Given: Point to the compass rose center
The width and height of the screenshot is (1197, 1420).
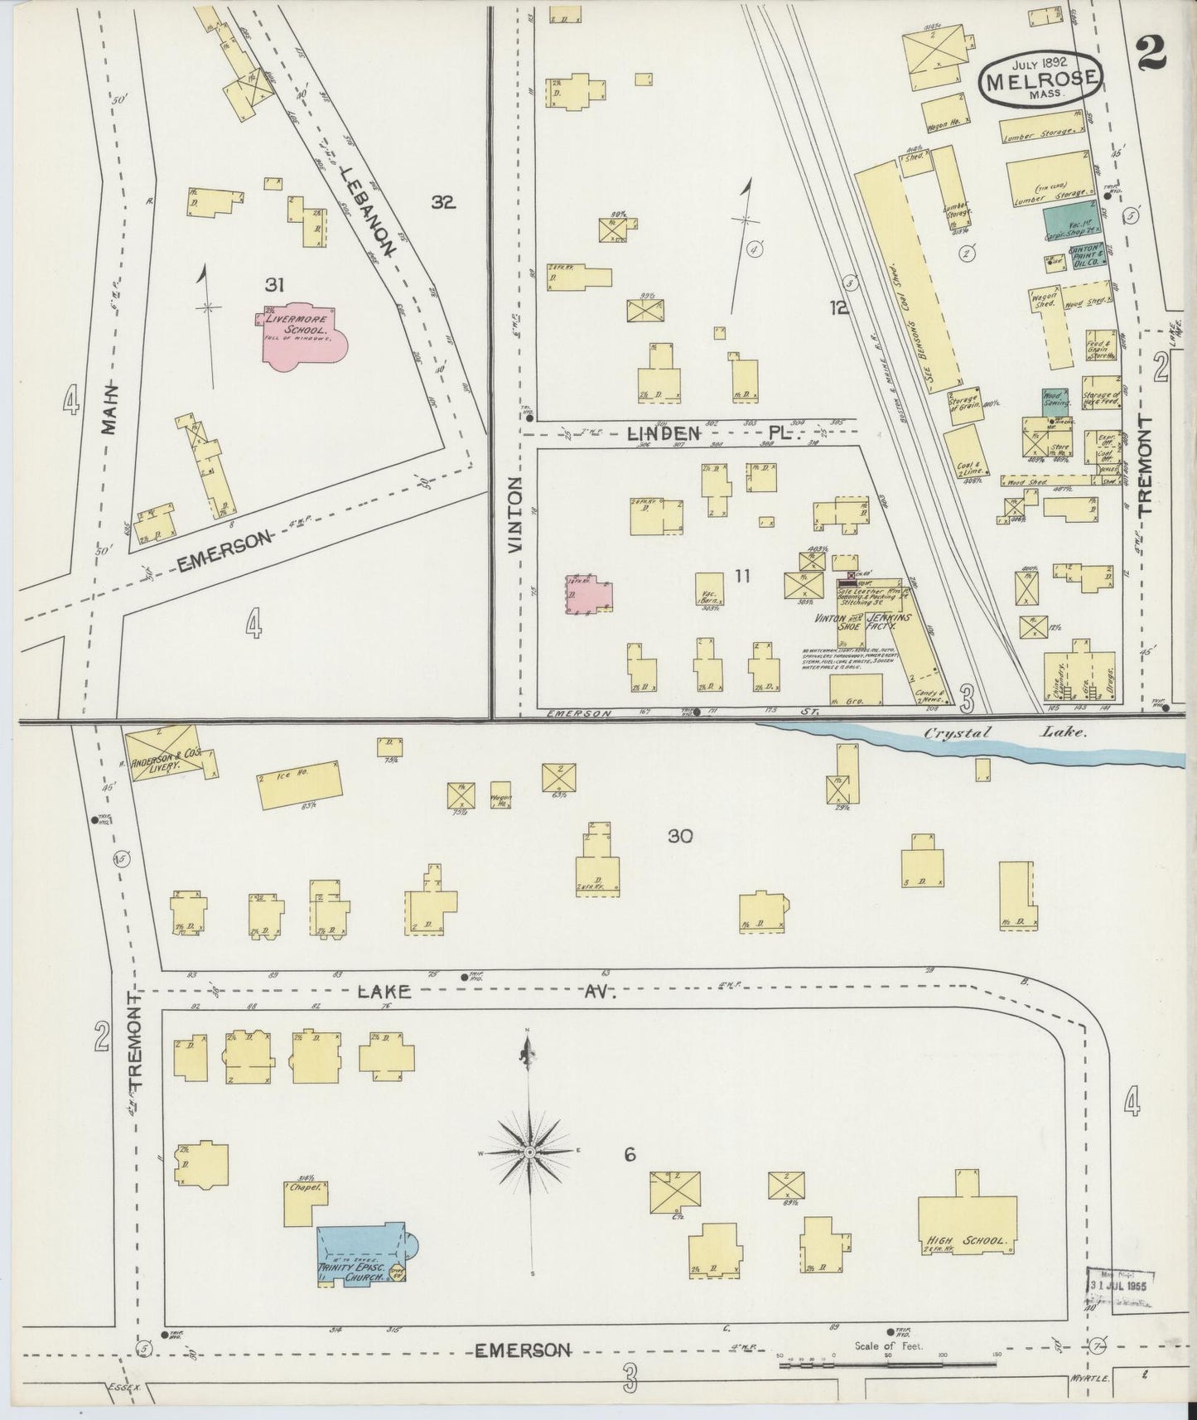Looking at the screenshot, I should (529, 1152).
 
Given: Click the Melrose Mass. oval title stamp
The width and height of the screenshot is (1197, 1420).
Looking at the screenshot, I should (1042, 80).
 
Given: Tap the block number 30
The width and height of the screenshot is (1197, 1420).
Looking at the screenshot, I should (679, 837).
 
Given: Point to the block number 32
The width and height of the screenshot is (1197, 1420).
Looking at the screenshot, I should (443, 201).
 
